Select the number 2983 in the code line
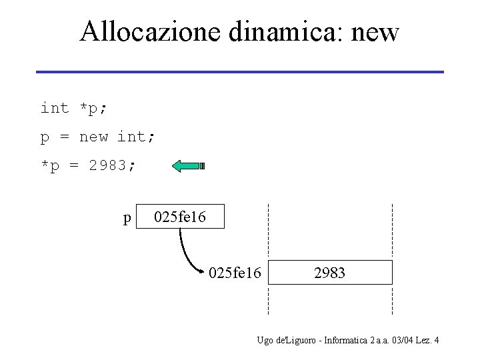pos(107,166)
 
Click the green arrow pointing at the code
pos(188,166)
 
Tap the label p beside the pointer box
pos(127,217)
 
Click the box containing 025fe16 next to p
pos(180,217)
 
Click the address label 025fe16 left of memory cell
pos(235,273)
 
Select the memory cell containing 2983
pos(330,273)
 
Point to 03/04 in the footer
pos(402,341)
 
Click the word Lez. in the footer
pos(423,341)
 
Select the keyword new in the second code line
pos(93,137)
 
